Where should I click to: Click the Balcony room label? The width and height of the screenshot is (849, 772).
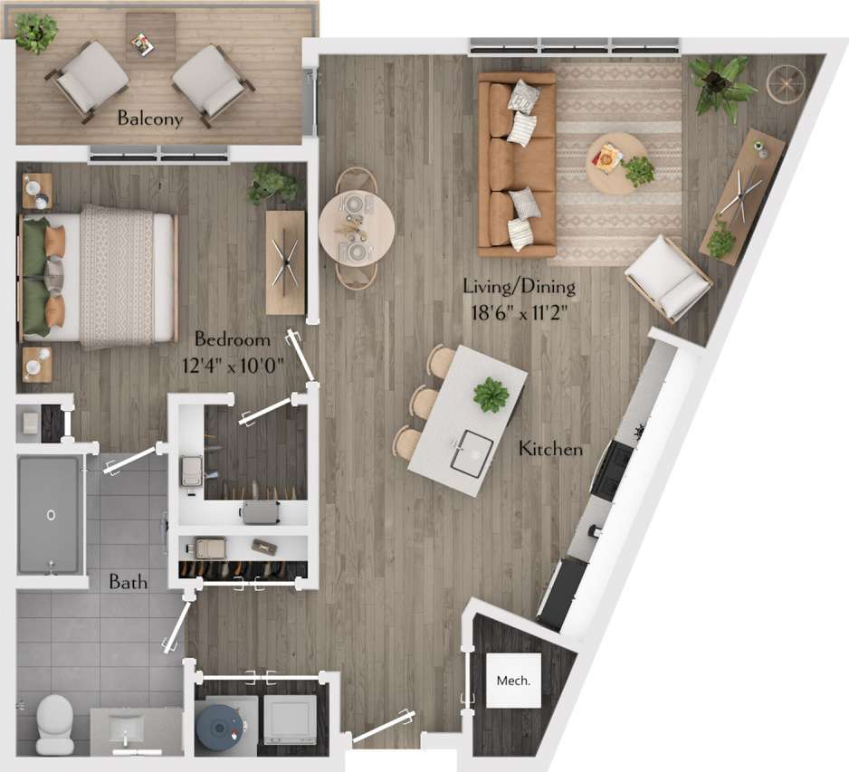pyautogui.click(x=149, y=119)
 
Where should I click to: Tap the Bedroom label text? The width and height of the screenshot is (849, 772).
pyautogui.click(x=233, y=339)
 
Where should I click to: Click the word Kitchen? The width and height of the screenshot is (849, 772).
pyautogui.click(x=550, y=449)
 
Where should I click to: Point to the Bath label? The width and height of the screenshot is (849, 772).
pyautogui.click(x=129, y=582)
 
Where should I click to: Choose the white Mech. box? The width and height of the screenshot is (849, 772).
pyautogui.click(x=513, y=680)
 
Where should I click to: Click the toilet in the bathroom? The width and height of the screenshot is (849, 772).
pyautogui.click(x=55, y=723)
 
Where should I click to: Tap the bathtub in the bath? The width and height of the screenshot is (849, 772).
pyautogui.click(x=50, y=514)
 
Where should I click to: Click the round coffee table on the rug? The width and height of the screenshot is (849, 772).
pyautogui.click(x=616, y=164)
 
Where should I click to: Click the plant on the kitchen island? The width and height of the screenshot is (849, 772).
pyautogui.click(x=491, y=394)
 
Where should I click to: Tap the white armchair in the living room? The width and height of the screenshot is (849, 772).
pyautogui.click(x=668, y=277)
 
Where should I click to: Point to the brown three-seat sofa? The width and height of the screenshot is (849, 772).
pyautogui.click(x=517, y=163)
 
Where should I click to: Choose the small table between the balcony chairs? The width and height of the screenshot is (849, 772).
pyautogui.click(x=150, y=36)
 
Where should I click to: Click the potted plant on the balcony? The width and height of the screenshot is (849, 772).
pyautogui.click(x=36, y=32)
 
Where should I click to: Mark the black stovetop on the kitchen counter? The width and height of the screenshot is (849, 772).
pyautogui.click(x=613, y=468)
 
